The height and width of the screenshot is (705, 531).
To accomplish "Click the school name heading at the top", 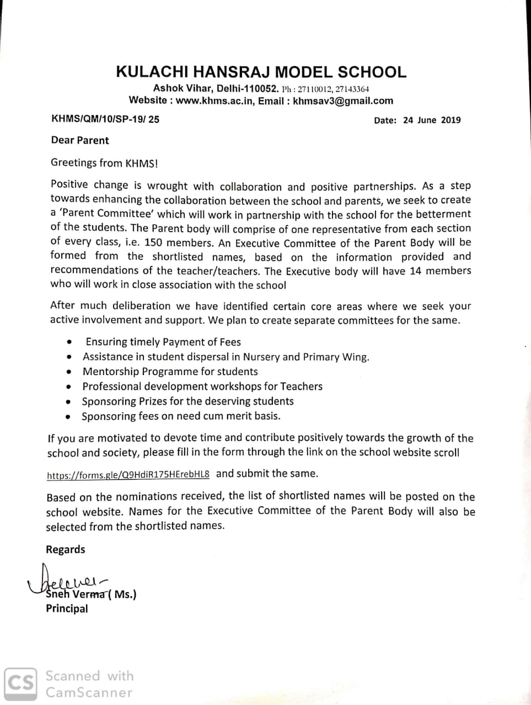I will tap(261, 72).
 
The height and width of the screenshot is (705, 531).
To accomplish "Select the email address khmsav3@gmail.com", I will tap(343, 101).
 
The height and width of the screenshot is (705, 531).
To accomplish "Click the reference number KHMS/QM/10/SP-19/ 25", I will tap(105, 119).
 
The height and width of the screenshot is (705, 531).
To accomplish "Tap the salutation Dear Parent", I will tap(80, 140).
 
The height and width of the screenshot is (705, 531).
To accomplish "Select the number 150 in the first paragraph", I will tap(153, 242).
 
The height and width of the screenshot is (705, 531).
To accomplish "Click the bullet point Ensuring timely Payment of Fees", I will tap(163, 342).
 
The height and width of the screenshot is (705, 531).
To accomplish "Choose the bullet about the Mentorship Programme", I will tap(170, 372).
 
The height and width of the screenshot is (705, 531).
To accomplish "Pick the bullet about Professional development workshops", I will tap(202, 387).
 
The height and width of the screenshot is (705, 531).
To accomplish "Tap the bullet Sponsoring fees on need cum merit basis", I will tap(181, 416).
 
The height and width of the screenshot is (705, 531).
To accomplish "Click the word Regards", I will tap(66, 550).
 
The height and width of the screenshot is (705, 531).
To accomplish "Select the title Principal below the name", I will tap(67, 609).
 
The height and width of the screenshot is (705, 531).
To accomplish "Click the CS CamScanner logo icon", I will tap(20, 684).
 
